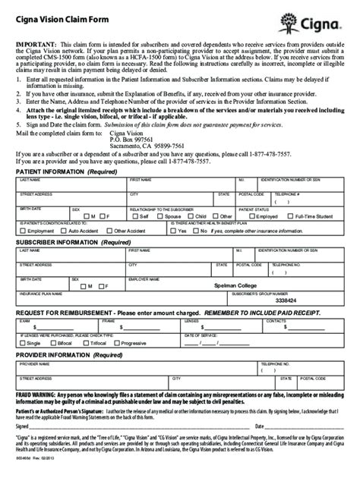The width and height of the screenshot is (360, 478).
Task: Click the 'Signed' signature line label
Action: click(x=23, y=426)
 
